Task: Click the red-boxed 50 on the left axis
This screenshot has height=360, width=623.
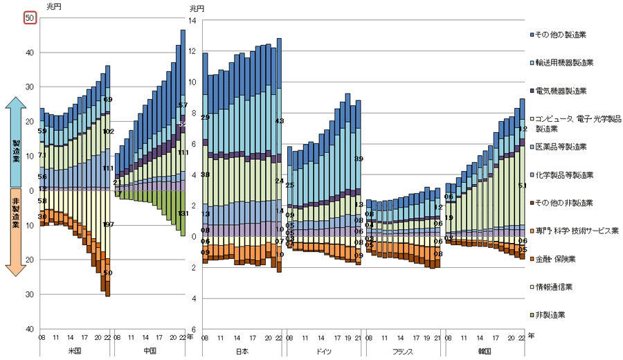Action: (x=30, y=18)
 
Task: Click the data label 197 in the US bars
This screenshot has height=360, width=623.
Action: (x=108, y=225)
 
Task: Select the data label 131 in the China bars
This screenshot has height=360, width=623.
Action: (x=183, y=214)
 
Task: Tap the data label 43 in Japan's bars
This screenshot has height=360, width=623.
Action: (x=279, y=121)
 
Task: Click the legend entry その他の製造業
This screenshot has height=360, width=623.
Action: (x=561, y=34)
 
